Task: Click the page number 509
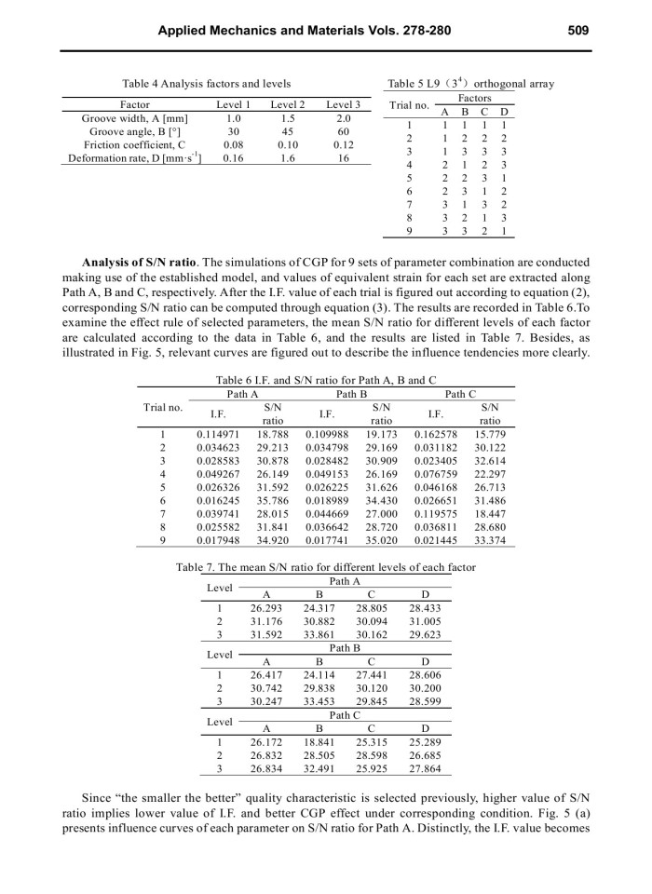[577, 30]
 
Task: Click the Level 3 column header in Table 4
[344, 105]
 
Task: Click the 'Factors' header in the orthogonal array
[475, 98]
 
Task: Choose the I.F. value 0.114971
[216, 434]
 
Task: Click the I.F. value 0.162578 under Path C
[436, 434]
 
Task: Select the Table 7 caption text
[326, 567]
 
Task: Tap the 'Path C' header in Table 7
[345, 715]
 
